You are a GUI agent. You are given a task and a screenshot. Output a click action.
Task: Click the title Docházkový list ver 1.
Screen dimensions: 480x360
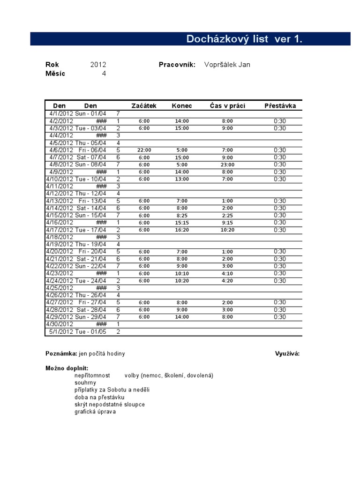(x=244, y=39)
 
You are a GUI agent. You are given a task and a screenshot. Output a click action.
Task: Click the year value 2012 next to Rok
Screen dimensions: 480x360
(x=98, y=65)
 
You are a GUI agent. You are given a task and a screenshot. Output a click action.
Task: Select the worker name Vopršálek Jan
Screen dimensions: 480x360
(x=227, y=65)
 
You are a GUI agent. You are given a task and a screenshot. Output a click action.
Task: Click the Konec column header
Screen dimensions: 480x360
(x=181, y=105)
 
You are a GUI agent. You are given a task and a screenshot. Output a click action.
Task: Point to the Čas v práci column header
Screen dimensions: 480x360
(x=227, y=105)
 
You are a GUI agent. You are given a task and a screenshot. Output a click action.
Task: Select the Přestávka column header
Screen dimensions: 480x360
(x=280, y=105)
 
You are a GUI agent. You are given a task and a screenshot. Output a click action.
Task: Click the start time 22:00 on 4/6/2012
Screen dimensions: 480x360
(x=144, y=150)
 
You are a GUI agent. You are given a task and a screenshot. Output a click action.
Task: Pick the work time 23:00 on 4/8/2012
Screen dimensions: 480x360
(x=227, y=165)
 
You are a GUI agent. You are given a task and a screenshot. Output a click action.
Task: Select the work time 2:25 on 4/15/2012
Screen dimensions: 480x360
(x=227, y=216)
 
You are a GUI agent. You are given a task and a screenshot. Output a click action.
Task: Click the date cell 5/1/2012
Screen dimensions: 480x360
(x=61, y=331)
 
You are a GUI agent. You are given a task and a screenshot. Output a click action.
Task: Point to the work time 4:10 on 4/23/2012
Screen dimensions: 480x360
(x=227, y=273)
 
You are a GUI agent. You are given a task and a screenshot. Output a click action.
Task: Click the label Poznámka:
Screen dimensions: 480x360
(x=61, y=353)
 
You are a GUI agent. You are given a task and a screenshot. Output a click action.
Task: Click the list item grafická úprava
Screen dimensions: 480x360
(x=95, y=412)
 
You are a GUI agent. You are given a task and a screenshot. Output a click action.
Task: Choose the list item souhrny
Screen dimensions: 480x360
(x=85, y=382)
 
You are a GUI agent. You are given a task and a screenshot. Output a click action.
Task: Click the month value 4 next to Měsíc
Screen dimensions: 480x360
(x=104, y=73)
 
